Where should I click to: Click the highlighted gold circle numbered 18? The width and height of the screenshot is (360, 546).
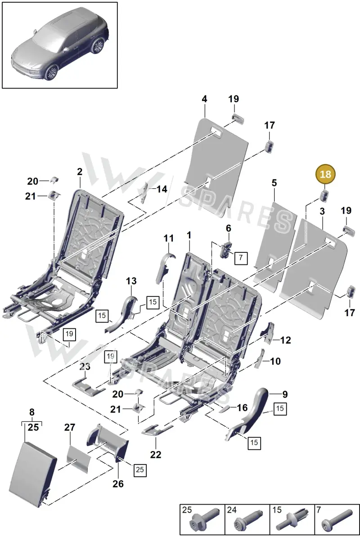[325, 175]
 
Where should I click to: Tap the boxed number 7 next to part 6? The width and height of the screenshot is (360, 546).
[241, 258]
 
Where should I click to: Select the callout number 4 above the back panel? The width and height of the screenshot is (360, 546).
[204, 99]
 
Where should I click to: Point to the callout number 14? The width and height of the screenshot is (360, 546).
[162, 189]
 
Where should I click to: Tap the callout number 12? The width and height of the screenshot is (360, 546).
[285, 340]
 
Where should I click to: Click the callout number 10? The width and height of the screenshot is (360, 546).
[275, 361]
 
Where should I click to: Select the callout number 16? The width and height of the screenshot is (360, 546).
[242, 407]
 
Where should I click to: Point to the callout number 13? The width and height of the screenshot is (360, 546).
[131, 281]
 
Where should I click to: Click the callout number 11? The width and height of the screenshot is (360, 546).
[169, 238]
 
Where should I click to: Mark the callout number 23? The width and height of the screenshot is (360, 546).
[85, 367]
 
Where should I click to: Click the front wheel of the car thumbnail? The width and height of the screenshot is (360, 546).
[51, 72]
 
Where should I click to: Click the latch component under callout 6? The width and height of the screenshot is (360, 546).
[225, 250]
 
